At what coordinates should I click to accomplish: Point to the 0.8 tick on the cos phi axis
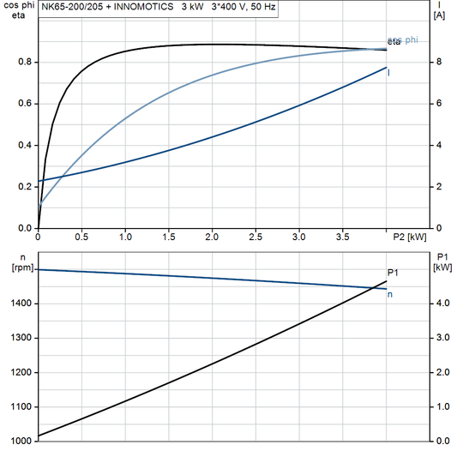point(24,63)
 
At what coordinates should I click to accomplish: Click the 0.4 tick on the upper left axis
point(24,146)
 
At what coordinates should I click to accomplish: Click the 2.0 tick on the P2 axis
point(212,236)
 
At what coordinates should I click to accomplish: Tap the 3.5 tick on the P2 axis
point(342,236)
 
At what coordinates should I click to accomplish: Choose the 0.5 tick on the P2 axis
point(81,236)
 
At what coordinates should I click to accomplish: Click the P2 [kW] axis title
point(409,236)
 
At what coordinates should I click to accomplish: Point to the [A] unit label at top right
point(439,15)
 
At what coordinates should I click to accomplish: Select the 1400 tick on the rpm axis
point(20,304)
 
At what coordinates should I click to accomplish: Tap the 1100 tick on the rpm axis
point(20,406)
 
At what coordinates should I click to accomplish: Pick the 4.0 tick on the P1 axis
point(440,304)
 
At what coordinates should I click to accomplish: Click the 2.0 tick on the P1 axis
point(440,372)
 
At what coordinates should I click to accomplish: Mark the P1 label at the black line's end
point(393,273)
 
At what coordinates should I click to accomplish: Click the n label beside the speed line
point(391,295)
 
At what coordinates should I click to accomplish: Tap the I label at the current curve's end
point(390,73)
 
